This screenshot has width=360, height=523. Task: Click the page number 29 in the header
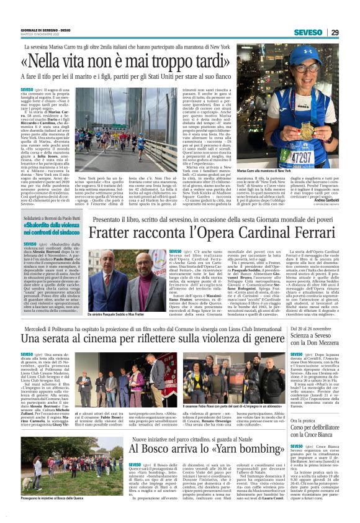(335, 32)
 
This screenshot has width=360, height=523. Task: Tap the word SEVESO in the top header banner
(308, 32)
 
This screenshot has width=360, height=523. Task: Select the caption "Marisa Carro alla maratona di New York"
(283, 188)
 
